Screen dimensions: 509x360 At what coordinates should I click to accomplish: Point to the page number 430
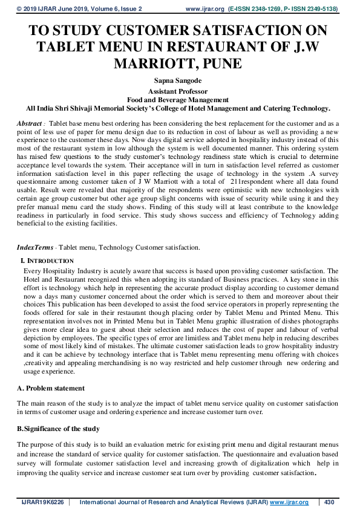click(x=330, y=502)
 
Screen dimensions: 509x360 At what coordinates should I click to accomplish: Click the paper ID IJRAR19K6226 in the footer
click(x=42, y=502)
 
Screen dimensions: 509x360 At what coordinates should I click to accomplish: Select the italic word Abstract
click(x=29, y=123)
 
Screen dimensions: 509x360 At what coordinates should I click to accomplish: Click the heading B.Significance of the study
click(x=58, y=429)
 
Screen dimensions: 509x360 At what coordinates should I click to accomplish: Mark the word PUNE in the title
click(x=224, y=63)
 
